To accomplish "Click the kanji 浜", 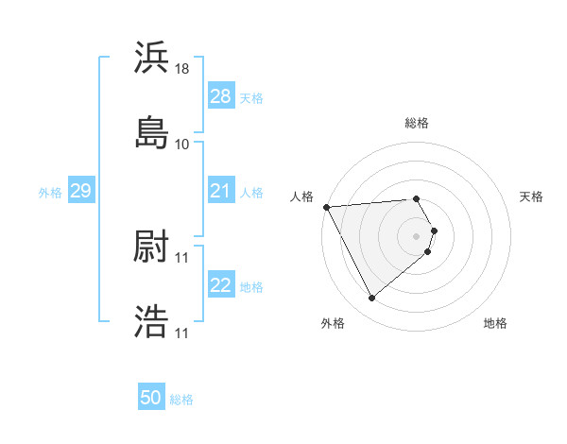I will [151, 58].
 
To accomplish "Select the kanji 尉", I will [151, 248].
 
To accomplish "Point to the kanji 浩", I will [151, 321].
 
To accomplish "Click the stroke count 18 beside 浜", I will [183, 69].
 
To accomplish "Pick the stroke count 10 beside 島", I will [182, 144].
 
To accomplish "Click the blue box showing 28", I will [221, 96].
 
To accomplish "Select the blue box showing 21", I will [221, 192].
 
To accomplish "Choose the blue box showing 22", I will [221, 285].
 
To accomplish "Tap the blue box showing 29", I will [80, 192].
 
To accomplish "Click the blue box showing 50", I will [151, 398].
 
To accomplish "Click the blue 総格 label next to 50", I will [182, 400].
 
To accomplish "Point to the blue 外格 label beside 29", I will [50, 193].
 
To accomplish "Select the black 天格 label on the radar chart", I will [532, 196].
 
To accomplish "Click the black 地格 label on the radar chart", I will [495, 323].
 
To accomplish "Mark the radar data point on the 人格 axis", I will [326, 206].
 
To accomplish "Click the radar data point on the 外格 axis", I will [372, 299].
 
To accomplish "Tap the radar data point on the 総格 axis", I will [417, 198].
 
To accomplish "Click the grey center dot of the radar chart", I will [417, 235].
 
